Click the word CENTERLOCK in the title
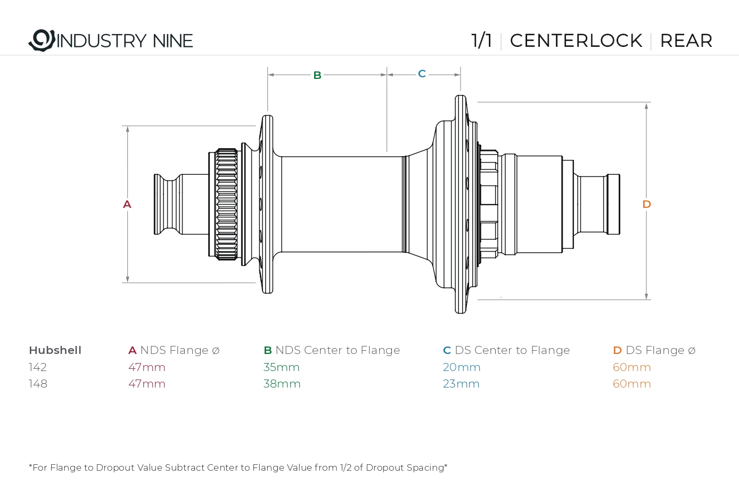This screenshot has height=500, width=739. (576, 41)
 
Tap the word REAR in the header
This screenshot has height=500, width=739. (686, 41)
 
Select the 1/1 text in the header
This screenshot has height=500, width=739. (482, 41)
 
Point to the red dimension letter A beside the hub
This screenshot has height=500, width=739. (127, 205)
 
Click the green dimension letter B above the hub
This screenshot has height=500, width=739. (317, 75)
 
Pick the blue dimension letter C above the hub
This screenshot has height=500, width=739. (422, 74)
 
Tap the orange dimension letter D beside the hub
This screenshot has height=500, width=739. (646, 204)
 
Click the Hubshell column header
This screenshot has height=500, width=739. (55, 350)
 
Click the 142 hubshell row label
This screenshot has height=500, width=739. (38, 367)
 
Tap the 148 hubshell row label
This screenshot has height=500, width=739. (38, 384)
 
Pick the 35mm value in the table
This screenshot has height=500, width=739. (282, 367)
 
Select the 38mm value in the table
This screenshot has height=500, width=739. (282, 384)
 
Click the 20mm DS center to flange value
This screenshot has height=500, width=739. (462, 367)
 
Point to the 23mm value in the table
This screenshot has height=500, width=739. (461, 384)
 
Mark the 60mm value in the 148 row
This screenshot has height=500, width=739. (632, 384)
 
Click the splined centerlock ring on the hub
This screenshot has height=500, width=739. (226, 205)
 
